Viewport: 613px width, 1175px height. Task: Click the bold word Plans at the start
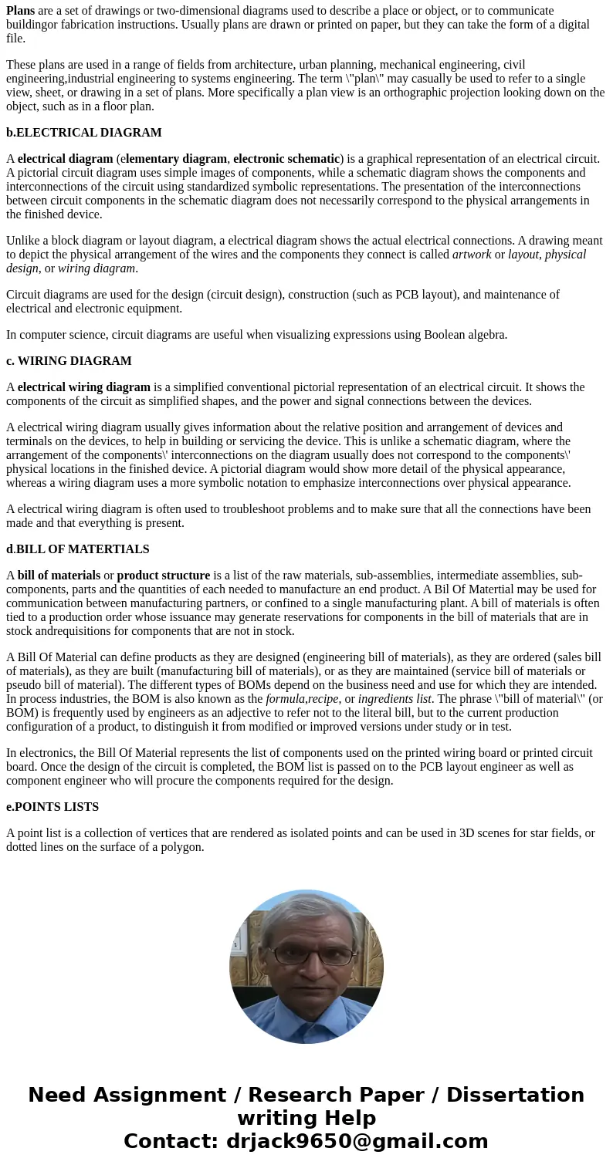coord(20,11)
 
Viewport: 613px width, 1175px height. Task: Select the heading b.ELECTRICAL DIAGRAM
coord(83,133)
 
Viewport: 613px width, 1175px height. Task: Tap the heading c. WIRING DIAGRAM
coord(69,361)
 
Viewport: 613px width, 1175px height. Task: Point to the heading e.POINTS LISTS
coord(52,807)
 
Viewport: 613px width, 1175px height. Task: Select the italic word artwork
coord(472,255)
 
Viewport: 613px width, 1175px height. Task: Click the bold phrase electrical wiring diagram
coord(83,387)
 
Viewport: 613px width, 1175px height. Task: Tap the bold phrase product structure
coord(163,576)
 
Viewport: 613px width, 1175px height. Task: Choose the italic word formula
coord(286,699)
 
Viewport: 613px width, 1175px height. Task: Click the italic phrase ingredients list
coord(395,699)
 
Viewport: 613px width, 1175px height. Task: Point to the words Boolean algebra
coord(466,335)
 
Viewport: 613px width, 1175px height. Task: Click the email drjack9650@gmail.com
coord(357,1142)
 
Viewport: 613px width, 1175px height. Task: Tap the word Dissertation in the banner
coord(515,1096)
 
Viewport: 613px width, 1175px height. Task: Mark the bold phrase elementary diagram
coord(176,159)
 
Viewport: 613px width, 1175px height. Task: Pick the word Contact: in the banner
coord(172,1142)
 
